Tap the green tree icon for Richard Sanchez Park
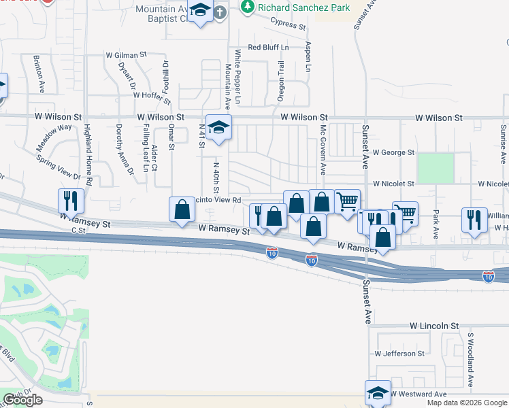[248, 7]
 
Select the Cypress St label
[287, 24]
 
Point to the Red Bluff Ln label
[268, 47]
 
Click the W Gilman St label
[126, 54]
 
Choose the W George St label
[393, 153]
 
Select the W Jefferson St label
[399, 354]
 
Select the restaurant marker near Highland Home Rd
[71, 201]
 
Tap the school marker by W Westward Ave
[378, 392]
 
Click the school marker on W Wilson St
[219, 127]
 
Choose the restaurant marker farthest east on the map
[474, 220]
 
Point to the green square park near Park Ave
[436, 168]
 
